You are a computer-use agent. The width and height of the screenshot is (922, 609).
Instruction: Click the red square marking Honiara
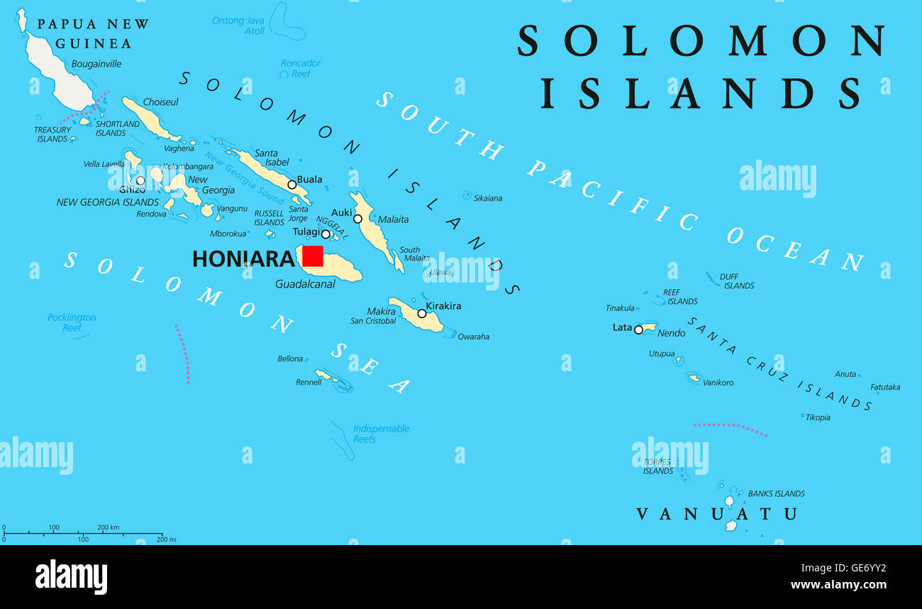[x=313, y=256]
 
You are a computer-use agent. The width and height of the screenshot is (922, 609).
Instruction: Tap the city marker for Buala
[x=291, y=185]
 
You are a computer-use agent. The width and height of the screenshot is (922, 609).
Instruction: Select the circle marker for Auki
[x=357, y=219]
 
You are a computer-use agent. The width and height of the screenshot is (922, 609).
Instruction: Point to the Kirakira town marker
[x=422, y=313]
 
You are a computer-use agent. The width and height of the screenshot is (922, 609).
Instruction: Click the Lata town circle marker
[x=638, y=329]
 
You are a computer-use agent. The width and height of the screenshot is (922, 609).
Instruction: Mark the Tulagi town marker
[x=326, y=234]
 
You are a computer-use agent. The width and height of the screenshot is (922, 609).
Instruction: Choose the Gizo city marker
[x=140, y=180]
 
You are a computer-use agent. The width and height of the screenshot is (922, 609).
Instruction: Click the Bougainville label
[x=96, y=64]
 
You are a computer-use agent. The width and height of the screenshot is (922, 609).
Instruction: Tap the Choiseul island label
[x=161, y=102]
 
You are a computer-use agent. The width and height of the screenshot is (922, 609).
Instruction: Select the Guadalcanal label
[x=305, y=285]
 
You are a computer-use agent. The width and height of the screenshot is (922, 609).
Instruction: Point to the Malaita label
[x=393, y=219]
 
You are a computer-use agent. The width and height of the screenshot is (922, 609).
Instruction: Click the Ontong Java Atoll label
[x=238, y=26]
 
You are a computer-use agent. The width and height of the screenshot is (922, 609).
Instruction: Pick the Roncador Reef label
[x=301, y=68]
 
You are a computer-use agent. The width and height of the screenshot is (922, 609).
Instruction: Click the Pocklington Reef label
[x=72, y=322]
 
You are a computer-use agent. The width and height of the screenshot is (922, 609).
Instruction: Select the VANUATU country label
[x=716, y=513]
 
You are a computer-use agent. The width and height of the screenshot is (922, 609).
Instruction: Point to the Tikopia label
[x=818, y=417]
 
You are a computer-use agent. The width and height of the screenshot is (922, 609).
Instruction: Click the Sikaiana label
[x=487, y=198]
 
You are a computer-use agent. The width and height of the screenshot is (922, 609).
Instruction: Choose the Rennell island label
[x=309, y=382]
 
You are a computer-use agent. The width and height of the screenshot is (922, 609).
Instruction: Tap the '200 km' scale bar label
[x=108, y=527]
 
